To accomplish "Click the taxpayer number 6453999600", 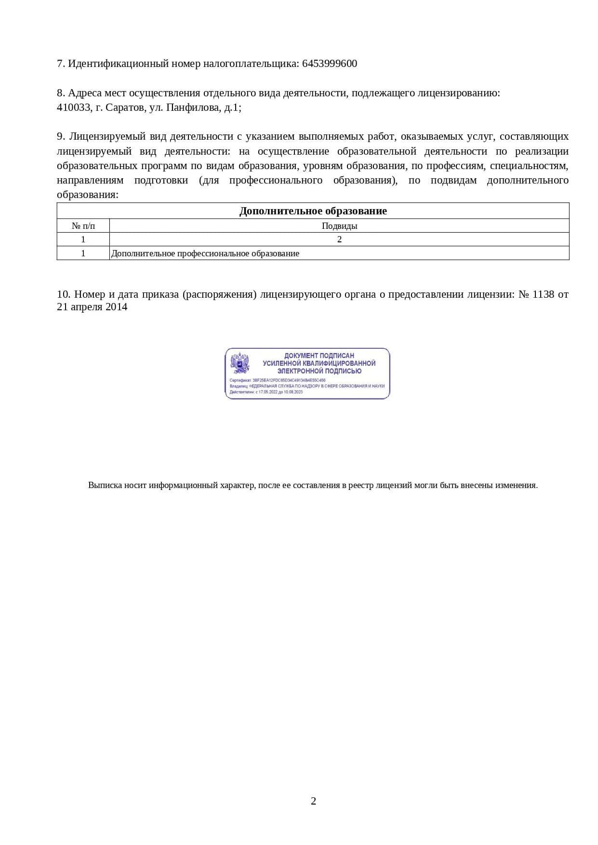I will (x=330, y=64).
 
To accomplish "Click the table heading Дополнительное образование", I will (x=313, y=211).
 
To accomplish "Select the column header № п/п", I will (x=83, y=225).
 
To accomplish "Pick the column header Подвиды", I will (x=339, y=225).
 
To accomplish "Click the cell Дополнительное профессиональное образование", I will (x=205, y=253).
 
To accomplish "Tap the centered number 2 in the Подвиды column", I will (x=339, y=239).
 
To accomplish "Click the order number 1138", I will (x=543, y=294).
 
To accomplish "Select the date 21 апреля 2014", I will (x=92, y=307).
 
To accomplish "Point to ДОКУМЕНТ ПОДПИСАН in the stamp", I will (x=319, y=356).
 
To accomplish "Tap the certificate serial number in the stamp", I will (x=289, y=380).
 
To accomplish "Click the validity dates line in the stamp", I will (x=266, y=392).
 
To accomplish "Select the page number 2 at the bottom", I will (x=313, y=801).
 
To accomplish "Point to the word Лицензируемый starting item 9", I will (x=101, y=136).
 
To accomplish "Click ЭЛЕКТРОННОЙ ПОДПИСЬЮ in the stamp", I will (x=319, y=371).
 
